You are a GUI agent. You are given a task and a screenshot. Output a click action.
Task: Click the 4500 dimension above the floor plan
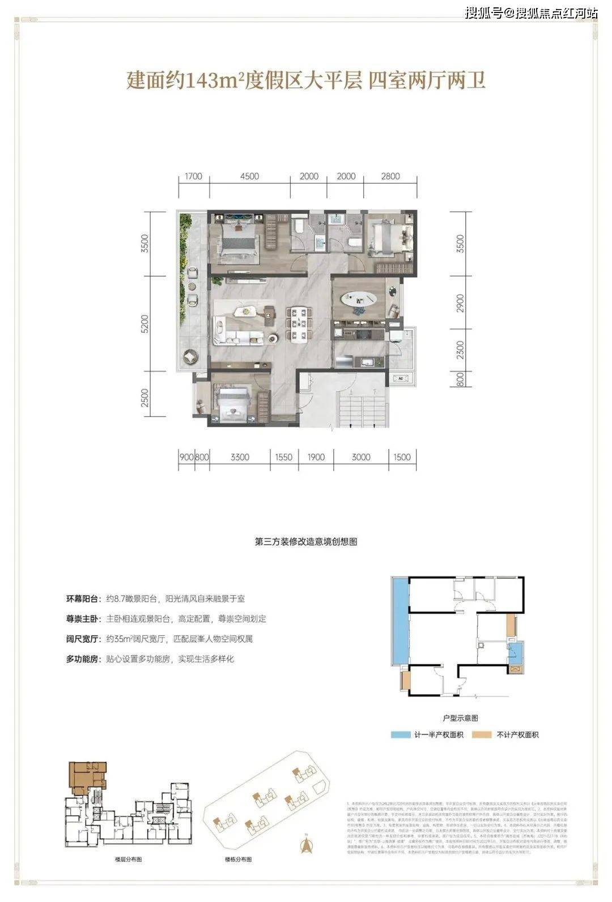[249, 176]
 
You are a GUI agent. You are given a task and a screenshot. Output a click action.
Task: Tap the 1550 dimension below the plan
[283, 457]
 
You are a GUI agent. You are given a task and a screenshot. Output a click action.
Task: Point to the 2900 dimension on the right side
[460, 303]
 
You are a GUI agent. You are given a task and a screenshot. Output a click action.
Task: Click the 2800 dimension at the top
[390, 176]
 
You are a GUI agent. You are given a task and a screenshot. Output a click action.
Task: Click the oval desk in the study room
[357, 298]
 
